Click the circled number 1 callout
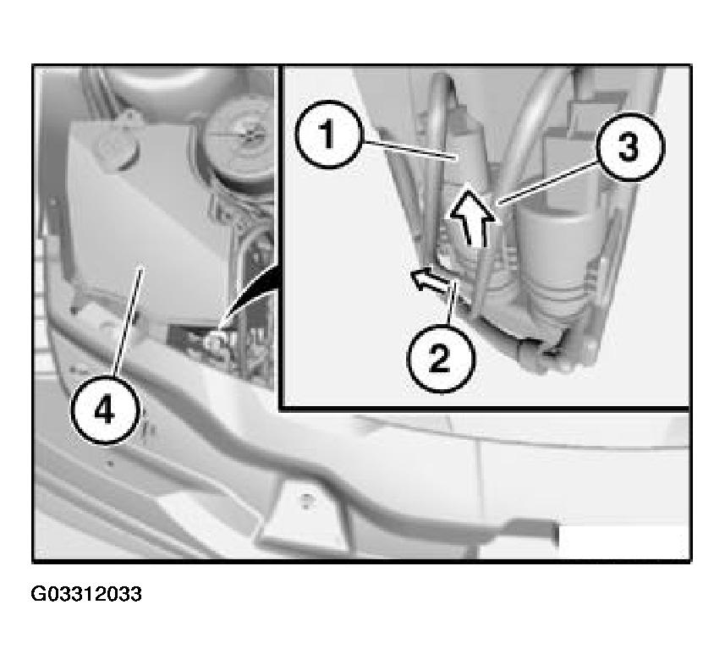tap(327, 135)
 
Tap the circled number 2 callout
tap(441, 360)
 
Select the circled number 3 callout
tap(630, 147)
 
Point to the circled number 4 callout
tap(105, 411)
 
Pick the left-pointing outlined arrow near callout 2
tap(430, 279)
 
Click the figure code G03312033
tap(86, 594)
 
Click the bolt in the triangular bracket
tap(305, 499)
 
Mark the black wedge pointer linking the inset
tap(252, 296)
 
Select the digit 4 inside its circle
tap(105, 411)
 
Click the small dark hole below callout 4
tap(110, 463)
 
